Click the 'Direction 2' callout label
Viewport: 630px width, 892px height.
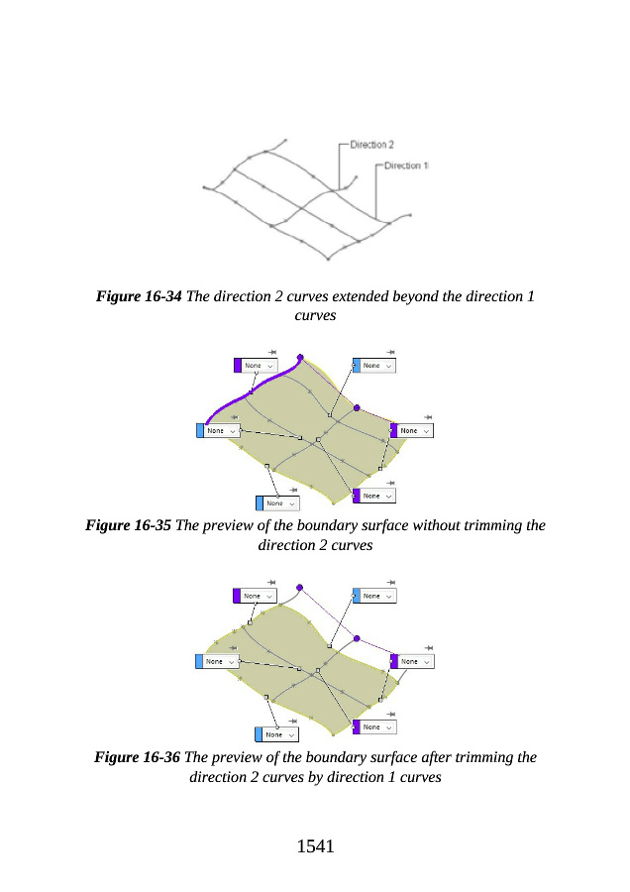(372, 145)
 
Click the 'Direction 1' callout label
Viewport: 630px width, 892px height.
(406, 166)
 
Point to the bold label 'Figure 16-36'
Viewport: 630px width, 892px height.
(137, 757)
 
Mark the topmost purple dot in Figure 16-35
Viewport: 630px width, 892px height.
(300, 357)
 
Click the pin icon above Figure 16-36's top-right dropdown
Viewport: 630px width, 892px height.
(390, 582)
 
